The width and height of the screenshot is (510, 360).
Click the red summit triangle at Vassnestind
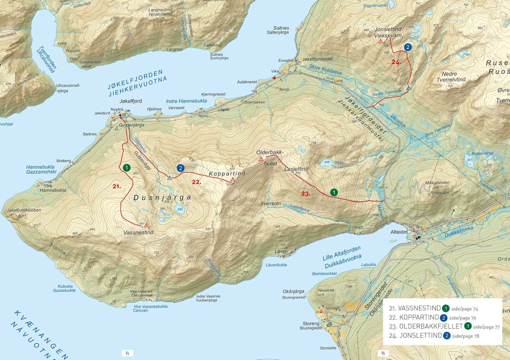[147, 225]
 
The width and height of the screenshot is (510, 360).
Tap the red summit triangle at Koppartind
[233, 180]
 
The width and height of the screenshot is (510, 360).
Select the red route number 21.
[116, 186]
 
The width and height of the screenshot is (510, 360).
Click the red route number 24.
[396, 62]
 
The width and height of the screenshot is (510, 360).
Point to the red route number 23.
[306, 194]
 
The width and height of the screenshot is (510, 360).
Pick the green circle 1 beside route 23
[334, 192]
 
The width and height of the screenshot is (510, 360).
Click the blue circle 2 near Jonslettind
[408, 47]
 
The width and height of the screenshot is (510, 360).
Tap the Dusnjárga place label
[162, 198]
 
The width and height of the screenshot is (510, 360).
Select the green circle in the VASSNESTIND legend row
[445, 308]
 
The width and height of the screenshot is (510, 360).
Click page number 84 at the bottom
[127, 353]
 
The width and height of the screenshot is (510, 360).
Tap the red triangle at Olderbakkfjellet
[261, 159]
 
